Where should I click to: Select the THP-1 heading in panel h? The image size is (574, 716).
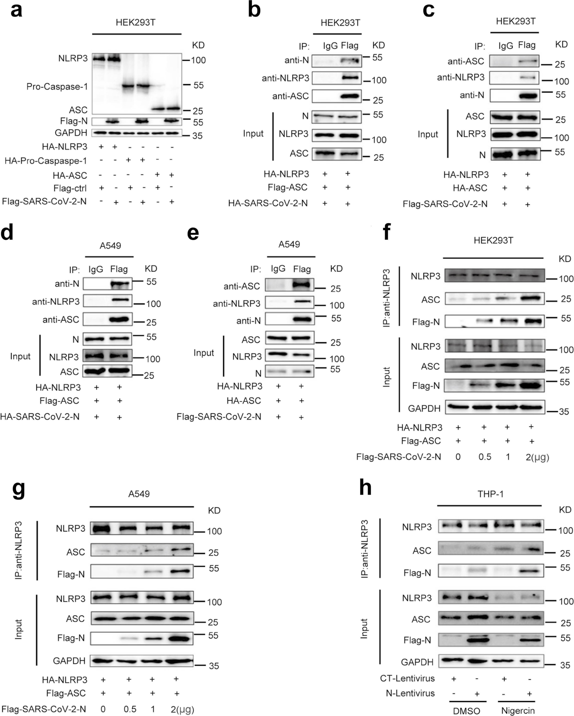click(x=490, y=494)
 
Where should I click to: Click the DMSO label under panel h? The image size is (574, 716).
click(x=467, y=711)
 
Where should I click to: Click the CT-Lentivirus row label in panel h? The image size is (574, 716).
click(x=407, y=678)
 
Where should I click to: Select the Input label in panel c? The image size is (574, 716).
click(x=428, y=134)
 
